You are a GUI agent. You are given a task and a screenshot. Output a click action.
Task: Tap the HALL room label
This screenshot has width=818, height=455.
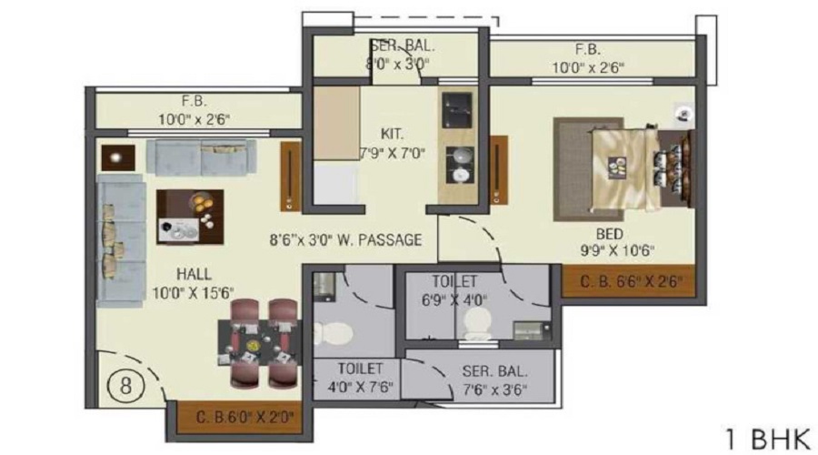click(x=195, y=274)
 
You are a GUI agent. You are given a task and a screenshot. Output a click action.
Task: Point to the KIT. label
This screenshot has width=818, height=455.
click(x=394, y=133)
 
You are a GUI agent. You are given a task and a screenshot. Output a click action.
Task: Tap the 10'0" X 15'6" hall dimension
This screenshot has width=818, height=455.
click(x=195, y=291)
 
